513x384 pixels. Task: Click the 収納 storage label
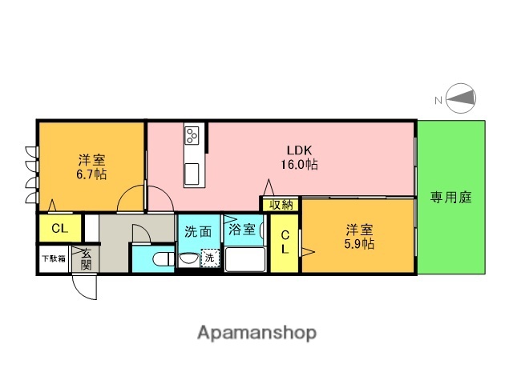point(281,205)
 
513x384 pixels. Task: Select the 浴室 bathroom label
point(242,230)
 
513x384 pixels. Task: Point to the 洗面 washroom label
point(199,232)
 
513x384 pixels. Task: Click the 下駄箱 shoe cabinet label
point(54,258)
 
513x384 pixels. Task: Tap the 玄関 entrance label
point(86,258)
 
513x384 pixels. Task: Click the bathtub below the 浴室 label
point(246,259)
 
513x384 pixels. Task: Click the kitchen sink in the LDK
point(192,173)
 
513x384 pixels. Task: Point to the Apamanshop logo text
point(256,331)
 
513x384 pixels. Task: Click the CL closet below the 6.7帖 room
point(59,229)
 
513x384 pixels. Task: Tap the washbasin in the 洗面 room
point(188,258)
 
